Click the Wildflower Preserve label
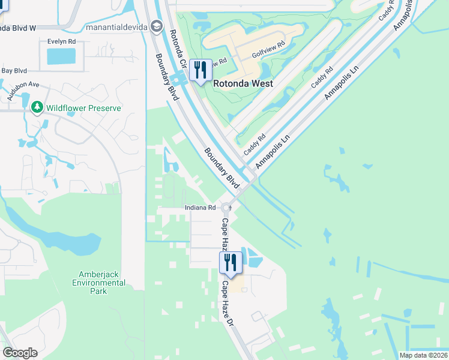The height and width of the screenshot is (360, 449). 84,108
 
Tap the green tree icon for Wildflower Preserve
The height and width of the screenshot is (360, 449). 37,107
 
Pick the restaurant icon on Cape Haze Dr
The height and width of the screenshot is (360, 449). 229,262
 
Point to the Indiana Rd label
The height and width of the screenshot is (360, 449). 200,208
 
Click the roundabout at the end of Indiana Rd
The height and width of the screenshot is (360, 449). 226,208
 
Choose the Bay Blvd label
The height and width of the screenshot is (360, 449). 15,70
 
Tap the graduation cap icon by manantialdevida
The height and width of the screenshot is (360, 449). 157,26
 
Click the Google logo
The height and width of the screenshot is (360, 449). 20,353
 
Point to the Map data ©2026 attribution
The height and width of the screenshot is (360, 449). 423,355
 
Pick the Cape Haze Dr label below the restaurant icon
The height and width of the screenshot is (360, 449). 228,304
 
